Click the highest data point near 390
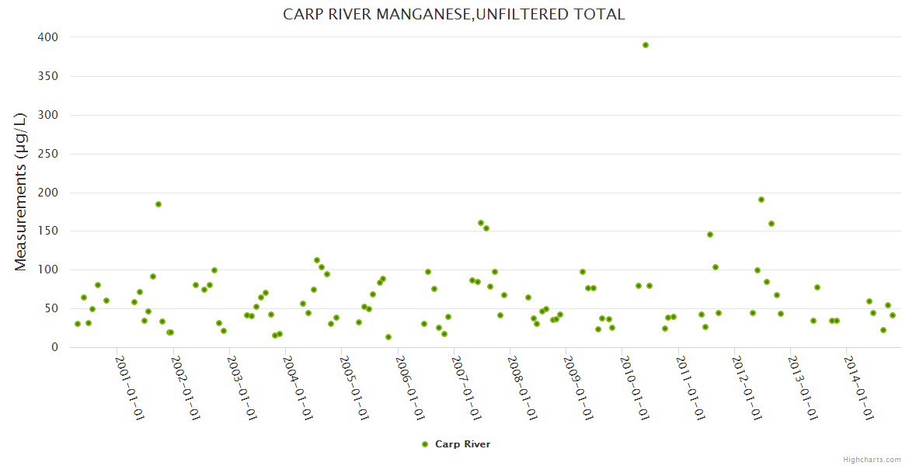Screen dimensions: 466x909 coord(646,45)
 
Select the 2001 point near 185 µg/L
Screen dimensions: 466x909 coord(158,204)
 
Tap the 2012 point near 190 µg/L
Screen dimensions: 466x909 coord(761,200)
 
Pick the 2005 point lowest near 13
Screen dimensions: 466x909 coord(388,337)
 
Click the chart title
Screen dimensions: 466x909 coord(454,15)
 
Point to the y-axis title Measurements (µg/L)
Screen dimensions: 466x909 coord(21,192)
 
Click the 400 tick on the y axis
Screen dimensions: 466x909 coord(47,37)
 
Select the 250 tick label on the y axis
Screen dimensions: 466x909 coord(47,154)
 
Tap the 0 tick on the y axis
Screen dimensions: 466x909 coord(54,347)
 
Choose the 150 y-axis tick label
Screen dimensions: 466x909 coord(47,231)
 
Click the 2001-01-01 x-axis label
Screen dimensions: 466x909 coord(130,388)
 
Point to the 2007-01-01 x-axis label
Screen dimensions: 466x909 coord(466,388)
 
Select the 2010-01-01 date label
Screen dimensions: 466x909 coord(634,388)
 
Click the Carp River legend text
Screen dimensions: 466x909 coord(462,444)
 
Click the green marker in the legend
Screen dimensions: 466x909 coord(425,444)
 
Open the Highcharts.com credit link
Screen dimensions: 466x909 coord(872,459)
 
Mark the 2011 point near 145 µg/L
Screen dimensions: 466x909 coord(710,235)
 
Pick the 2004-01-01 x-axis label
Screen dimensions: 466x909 coord(298,388)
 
